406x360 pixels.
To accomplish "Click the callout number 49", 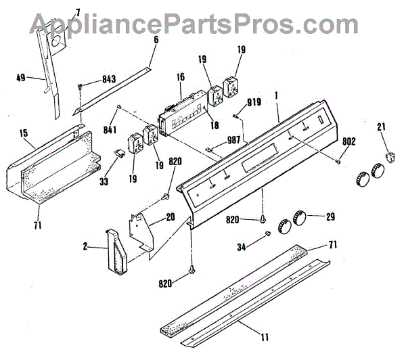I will [21, 78].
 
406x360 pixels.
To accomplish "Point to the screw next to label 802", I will [337, 160].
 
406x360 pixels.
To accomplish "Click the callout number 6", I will [156, 40].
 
